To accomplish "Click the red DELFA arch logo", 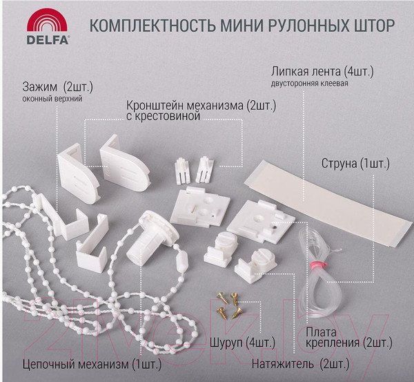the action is (x=47, y=20).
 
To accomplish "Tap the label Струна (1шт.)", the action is (x=355, y=164).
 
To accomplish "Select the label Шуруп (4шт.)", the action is (x=243, y=343).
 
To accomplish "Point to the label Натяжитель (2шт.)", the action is (x=300, y=364).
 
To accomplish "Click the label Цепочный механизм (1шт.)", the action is (x=92, y=365).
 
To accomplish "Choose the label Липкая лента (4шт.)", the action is (x=322, y=72).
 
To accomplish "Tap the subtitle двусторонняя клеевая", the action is (x=309, y=84).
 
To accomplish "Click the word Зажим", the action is (x=39, y=87).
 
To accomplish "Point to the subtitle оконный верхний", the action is (x=52, y=99).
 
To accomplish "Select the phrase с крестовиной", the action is (x=163, y=116).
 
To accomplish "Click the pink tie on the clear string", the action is (x=319, y=264).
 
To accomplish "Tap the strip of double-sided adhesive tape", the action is (x=328, y=204).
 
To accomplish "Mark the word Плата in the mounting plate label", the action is (x=321, y=332).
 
